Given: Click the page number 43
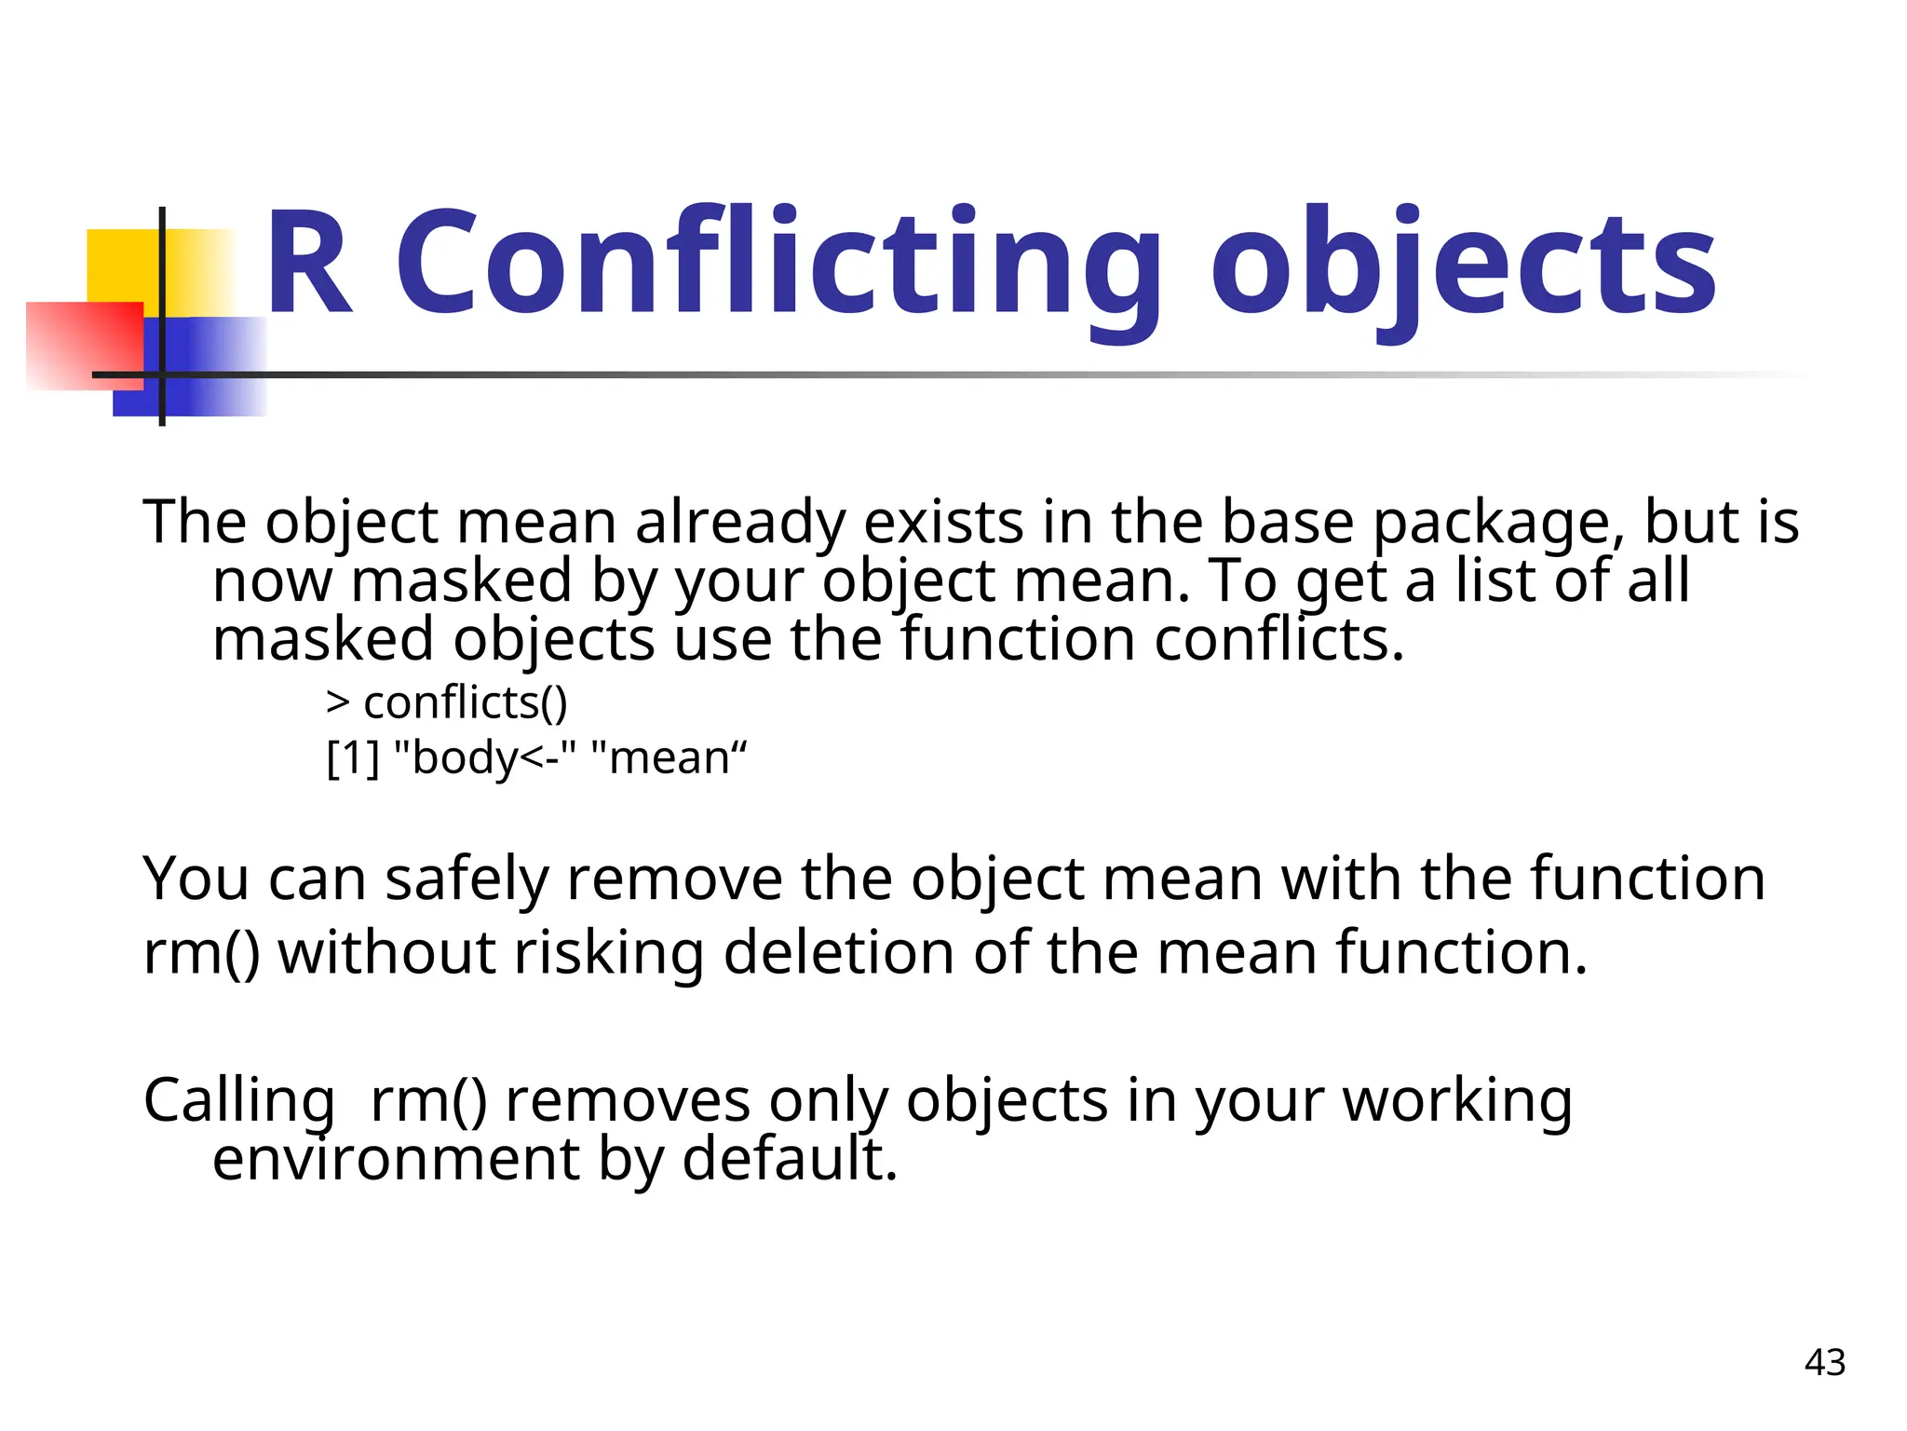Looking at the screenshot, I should (x=1824, y=1362).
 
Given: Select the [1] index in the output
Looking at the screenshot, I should (x=353, y=757).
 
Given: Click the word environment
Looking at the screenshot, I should (x=396, y=1159).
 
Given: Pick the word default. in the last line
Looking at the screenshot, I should (x=790, y=1159).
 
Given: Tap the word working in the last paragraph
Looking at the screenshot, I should (x=1457, y=1101).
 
